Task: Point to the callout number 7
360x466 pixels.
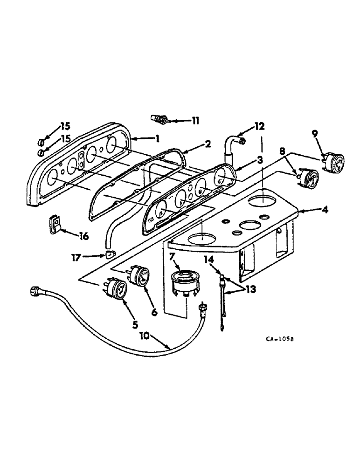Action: click(172, 256)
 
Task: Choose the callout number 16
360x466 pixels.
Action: click(84, 237)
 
